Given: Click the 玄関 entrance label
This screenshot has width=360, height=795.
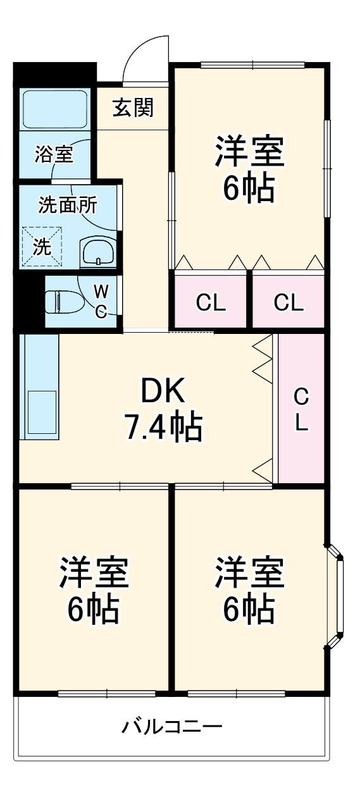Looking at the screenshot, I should (x=133, y=108).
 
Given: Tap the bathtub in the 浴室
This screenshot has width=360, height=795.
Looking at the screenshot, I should (x=54, y=109).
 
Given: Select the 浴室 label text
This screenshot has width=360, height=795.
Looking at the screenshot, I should (x=54, y=154).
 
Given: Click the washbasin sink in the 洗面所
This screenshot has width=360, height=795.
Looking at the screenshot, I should (x=97, y=252).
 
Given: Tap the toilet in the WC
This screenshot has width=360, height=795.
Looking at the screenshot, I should (x=63, y=301).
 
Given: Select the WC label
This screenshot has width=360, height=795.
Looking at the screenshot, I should (x=101, y=301).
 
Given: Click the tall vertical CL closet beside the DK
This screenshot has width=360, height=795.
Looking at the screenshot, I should (x=301, y=410).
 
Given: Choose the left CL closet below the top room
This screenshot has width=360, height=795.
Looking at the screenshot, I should (x=211, y=303).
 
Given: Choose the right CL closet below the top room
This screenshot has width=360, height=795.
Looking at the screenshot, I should (x=289, y=303).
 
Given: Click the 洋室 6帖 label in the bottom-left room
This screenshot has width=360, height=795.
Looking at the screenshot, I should (x=94, y=589).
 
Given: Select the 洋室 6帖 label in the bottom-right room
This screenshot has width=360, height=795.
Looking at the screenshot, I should (x=249, y=589).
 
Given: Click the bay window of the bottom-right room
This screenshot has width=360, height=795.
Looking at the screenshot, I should (x=337, y=595).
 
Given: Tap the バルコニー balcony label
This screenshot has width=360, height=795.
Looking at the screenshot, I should (x=172, y=725).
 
